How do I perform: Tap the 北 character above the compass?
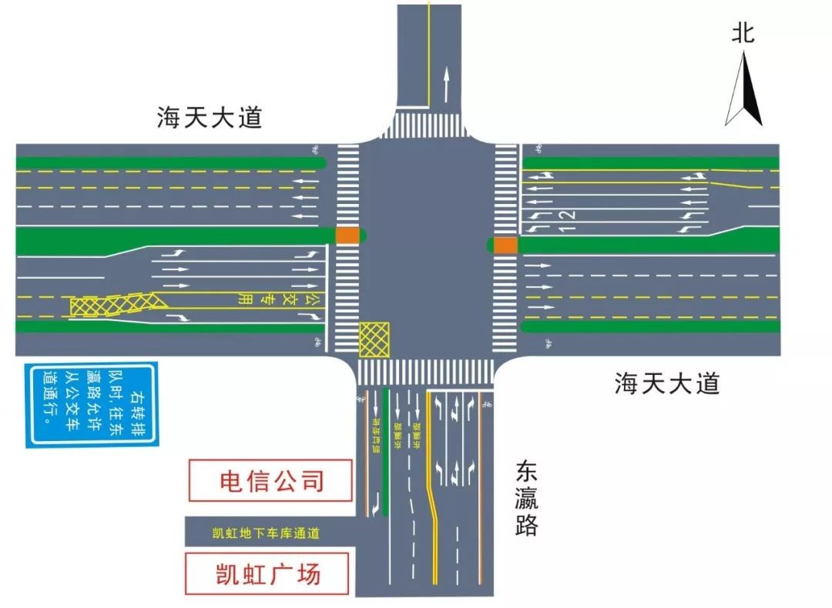pyautogui.click(x=743, y=33)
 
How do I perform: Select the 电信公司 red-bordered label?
pyautogui.click(x=272, y=481)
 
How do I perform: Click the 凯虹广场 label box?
pyautogui.click(x=267, y=573)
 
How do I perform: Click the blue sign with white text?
pyautogui.click(x=92, y=404)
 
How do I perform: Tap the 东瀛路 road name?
pyautogui.click(x=526, y=499)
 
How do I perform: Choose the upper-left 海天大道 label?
pyautogui.click(x=210, y=118)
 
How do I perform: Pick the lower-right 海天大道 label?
pyautogui.click(x=667, y=383)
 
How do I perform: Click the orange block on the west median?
pyautogui.click(x=347, y=235)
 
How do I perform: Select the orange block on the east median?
pyautogui.click(x=505, y=245)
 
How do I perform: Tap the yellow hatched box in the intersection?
pyautogui.click(x=374, y=339)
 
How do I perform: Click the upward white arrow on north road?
pyautogui.click(x=445, y=85)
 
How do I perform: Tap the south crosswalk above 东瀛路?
pyautogui.click(x=425, y=372)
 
